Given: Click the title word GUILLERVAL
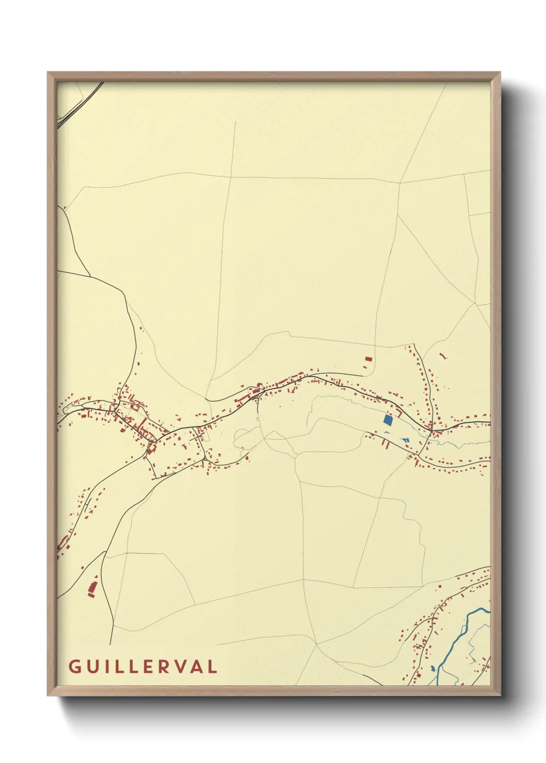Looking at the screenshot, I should tap(142, 667).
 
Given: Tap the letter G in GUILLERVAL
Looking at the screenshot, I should tap(74, 667).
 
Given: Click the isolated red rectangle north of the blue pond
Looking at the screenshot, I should tap(368, 358).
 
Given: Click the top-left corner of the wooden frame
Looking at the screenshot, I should tap(48, 73).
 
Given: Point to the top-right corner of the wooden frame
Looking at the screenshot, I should tap(500, 73).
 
